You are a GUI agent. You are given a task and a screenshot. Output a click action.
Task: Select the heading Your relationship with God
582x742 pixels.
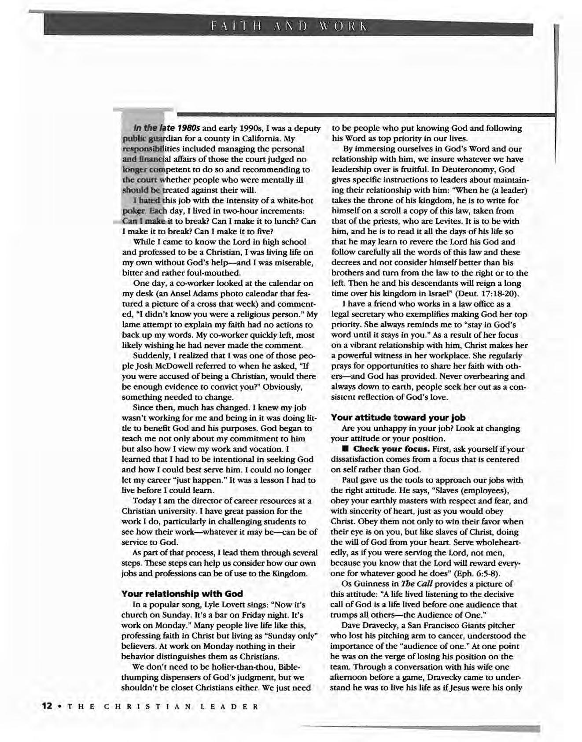coord(182,594)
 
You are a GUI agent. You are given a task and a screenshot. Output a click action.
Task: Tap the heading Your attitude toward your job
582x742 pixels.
coord(398,417)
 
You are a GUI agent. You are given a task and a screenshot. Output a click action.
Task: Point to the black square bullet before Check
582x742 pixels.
coord(345,449)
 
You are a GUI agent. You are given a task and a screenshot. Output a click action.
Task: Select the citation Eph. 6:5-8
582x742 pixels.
coord(478,573)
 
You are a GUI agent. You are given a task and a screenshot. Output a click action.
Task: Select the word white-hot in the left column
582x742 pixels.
coord(296,201)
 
